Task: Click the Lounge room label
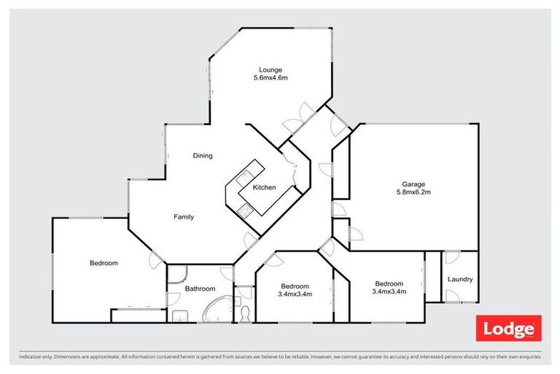(271, 70)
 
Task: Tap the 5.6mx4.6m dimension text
(271, 77)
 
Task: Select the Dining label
(203, 156)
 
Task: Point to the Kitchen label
(264, 187)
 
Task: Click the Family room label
(184, 216)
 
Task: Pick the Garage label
(413, 184)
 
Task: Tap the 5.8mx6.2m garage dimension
(413, 192)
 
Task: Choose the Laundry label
(460, 279)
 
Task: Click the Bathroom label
(200, 289)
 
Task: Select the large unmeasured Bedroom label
(104, 263)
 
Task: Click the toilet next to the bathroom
(245, 314)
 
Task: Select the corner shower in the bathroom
(176, 274)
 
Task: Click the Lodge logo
(508, 328)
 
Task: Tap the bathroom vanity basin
(179, 316)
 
